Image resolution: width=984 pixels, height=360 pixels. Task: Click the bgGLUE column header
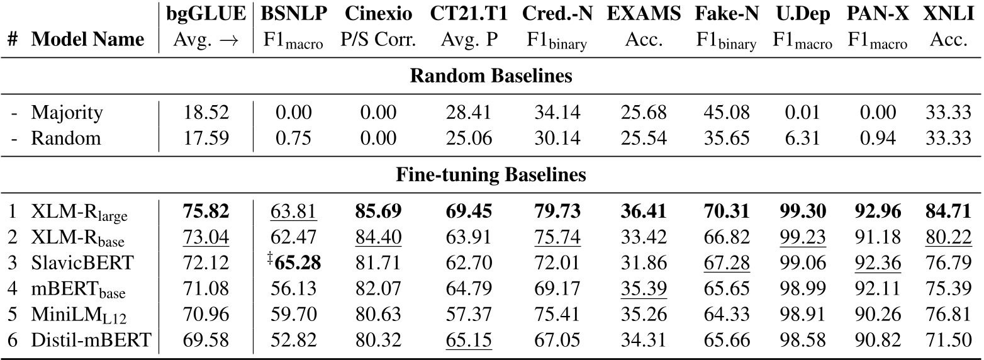pyautogui.click(x=205, y=13)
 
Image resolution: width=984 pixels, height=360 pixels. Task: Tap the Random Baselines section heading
pyautogui.click(x=491, y=77)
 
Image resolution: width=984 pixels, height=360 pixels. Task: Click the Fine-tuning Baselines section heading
pyautogui.click(x=491, y=175)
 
